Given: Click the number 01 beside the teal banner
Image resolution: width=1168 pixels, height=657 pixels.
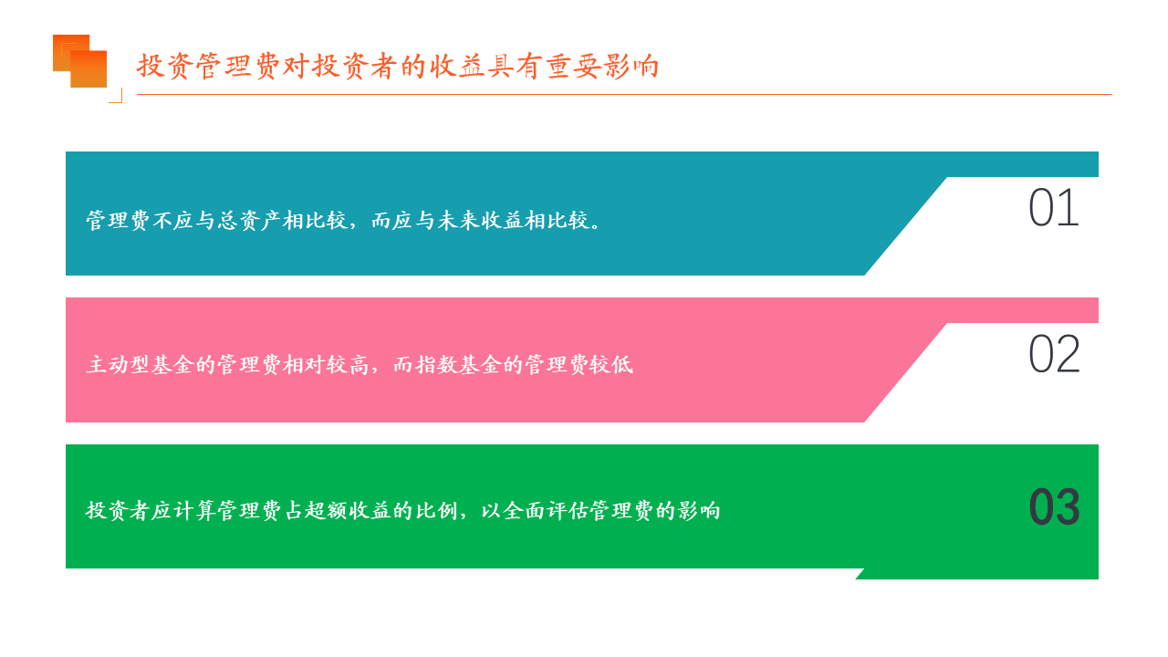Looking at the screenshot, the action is click(x=1054, y=207).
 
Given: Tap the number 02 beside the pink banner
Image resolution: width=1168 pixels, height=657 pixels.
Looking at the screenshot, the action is click(x=1054, y=354).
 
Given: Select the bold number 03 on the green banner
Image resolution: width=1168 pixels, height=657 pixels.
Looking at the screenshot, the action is click(x=1054, y=506).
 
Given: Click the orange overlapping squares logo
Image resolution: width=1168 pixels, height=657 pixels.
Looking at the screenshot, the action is click(x=79, y=61).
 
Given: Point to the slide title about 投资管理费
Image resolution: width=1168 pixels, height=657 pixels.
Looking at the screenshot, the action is click(x=398, y=67).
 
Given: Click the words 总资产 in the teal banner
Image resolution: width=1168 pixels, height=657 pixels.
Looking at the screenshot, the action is click(x=239, y=220).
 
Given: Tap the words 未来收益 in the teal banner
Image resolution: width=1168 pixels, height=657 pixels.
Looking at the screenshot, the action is click(x=480, y=220).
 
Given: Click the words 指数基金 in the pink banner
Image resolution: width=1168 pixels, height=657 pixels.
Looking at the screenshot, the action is click(x=459, y=364).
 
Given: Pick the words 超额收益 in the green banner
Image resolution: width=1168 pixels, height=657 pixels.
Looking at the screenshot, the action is click(x=349, y=510).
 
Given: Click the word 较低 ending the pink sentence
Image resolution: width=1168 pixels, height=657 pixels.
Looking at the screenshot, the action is click(x=611, y=364).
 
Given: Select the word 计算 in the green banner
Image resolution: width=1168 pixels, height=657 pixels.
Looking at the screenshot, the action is click(x=194, y=510).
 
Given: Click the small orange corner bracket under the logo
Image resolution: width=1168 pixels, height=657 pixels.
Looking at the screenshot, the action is click(x=116, y=96).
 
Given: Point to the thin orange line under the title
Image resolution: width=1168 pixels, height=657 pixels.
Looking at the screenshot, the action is click(x=624, y=94).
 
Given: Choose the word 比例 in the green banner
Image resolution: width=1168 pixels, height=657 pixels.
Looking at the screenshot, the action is click(x=436, y=510).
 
